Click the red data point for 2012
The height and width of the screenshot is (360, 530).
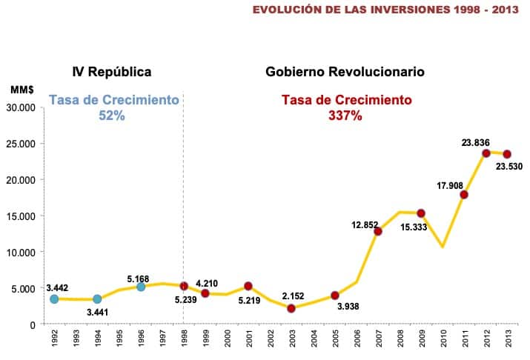tap(486, 153)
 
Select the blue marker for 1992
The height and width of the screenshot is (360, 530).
tap(54, 299)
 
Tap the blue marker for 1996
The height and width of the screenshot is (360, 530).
tap(141, 287)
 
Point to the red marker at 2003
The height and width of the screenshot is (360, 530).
tap(291, 308)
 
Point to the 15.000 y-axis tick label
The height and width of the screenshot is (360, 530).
tap(25, 216)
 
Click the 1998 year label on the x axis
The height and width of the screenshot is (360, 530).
tap(184, 341)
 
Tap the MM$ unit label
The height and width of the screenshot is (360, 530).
tap(22, 89)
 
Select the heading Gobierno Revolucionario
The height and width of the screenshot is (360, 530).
tap(345, 72)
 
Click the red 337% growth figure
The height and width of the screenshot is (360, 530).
tap(345, 116)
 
